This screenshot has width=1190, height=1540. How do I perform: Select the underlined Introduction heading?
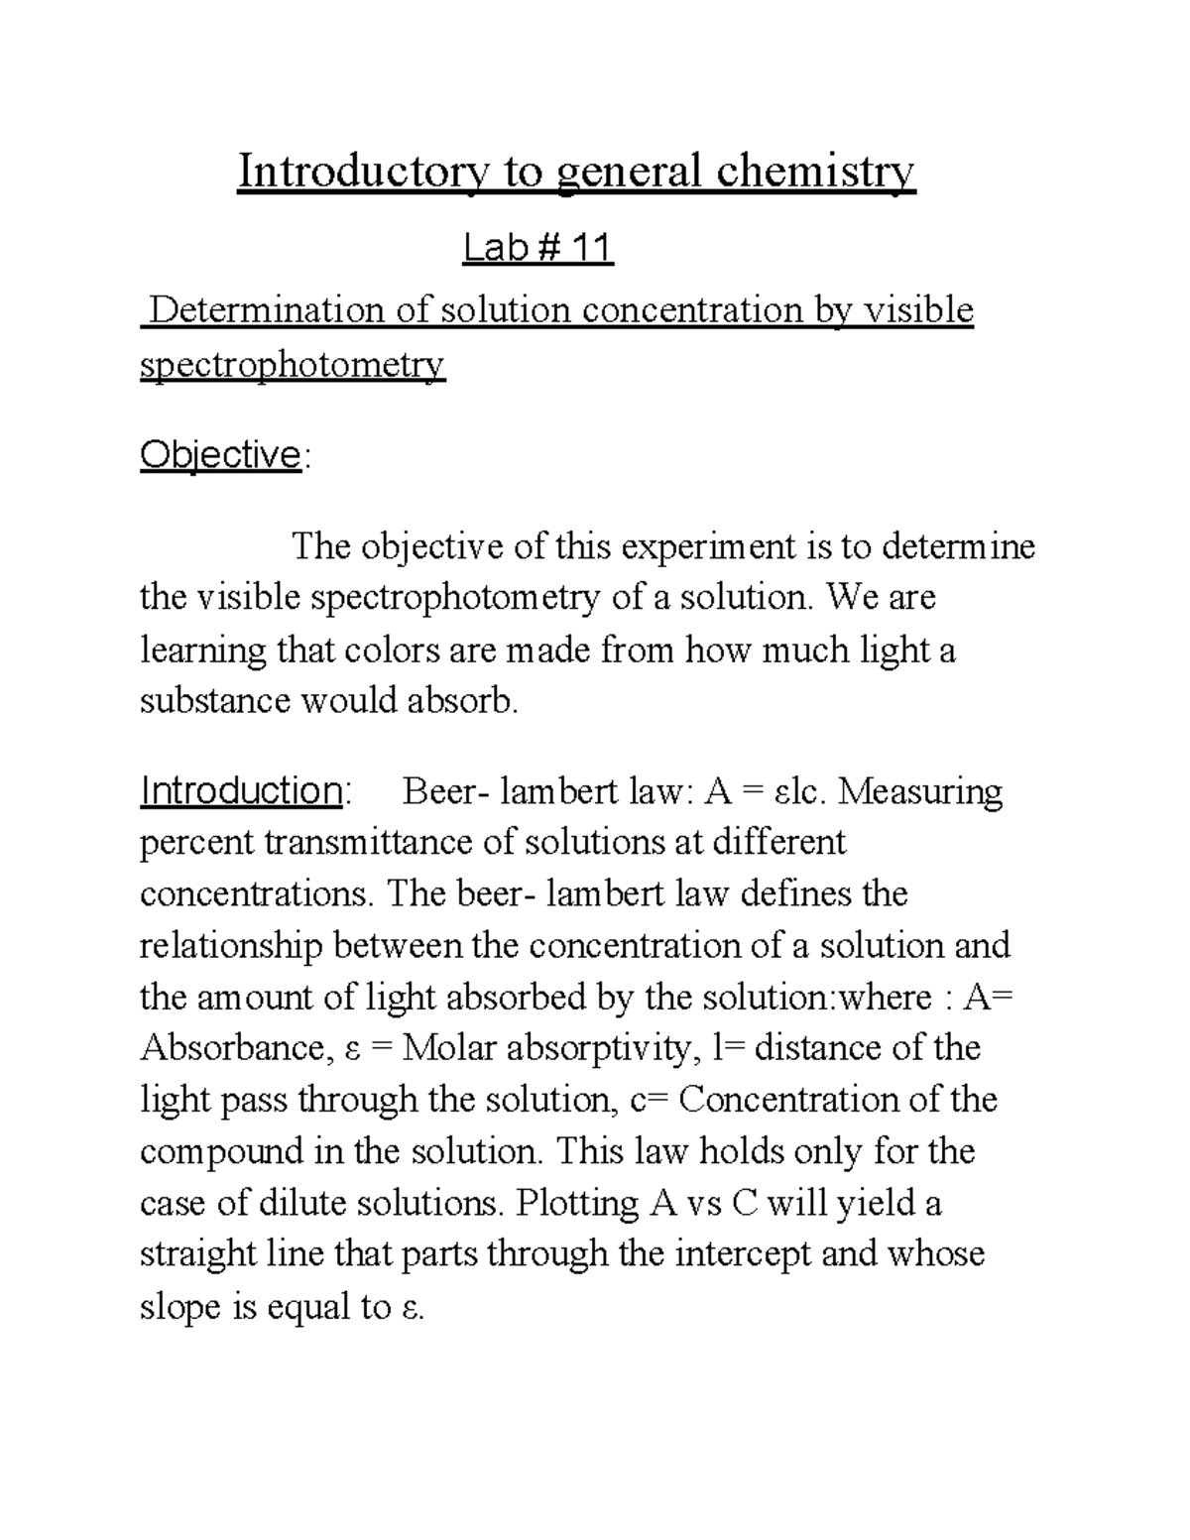point(242,791)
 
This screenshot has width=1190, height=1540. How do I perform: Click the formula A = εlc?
point(771,792)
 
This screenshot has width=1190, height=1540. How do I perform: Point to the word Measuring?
point(926,792)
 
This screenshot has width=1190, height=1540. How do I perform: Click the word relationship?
point(231,946)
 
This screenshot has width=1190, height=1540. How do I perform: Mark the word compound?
point(219,1152)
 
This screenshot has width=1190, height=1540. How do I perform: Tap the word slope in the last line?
point(180,1307)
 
